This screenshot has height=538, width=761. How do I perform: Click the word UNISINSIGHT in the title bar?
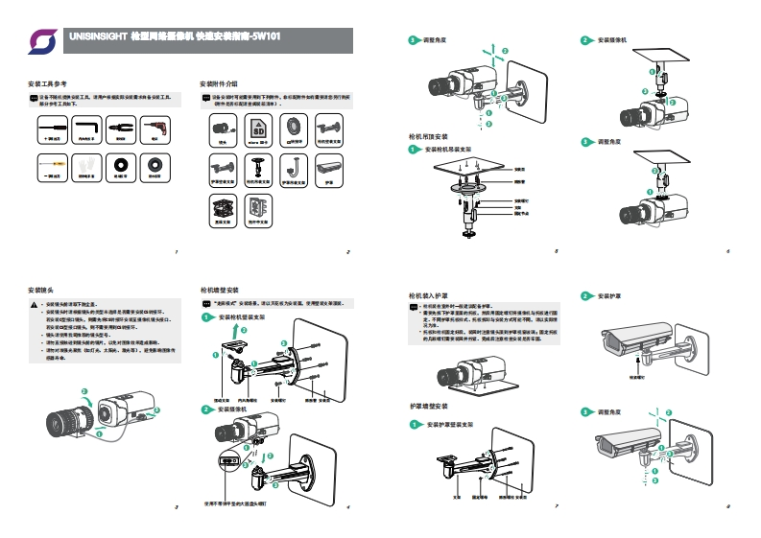[98, 35]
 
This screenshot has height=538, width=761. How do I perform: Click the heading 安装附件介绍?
[218, 85]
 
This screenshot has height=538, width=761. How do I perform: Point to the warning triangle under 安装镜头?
[34, 305]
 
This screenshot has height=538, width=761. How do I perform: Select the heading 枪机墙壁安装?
[218, 289]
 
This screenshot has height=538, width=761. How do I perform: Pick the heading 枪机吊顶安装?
[427, 136]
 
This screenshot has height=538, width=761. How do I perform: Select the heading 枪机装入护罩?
[427, 296]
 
